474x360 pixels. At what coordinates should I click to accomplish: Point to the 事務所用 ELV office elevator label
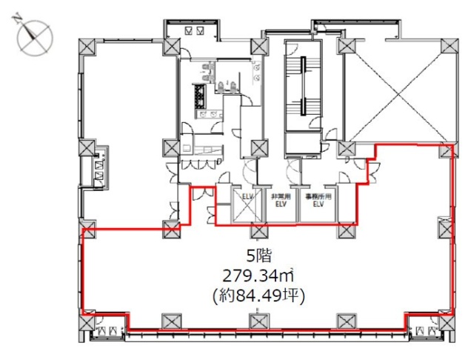[x=318, y=201]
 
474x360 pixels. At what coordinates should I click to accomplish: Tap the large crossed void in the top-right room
[x=397, y=89]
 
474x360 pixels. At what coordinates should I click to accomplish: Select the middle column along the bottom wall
[x=258, y=322]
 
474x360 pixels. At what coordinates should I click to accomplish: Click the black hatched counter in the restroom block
[x=200, y=96]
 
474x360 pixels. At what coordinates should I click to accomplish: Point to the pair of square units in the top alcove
[x=196, y=31]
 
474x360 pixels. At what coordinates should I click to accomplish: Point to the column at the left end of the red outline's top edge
[x=88, y=230]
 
